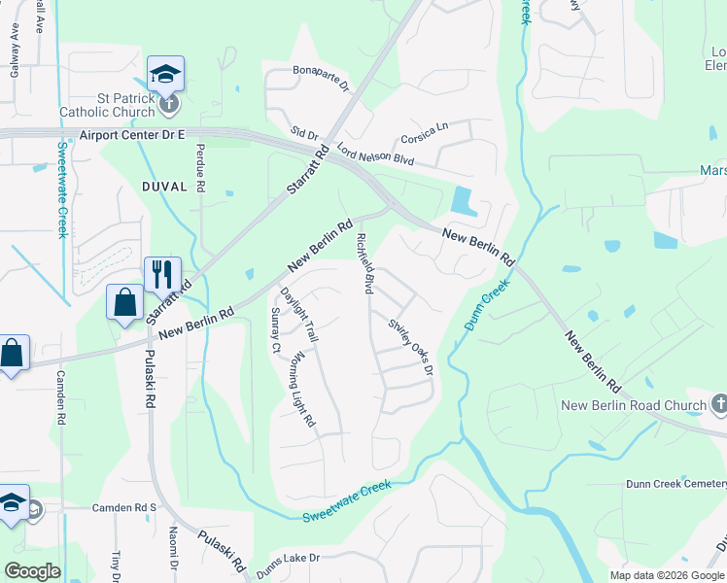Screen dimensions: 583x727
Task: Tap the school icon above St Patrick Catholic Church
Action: click(165, 74)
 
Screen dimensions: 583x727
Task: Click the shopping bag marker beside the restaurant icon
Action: click(125, 301)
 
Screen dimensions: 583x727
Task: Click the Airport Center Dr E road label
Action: click(132, 136)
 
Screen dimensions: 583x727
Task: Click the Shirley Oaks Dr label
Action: click(409, 346)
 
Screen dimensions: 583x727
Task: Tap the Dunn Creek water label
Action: click(487, 305)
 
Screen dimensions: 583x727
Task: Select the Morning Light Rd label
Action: click(301, 391)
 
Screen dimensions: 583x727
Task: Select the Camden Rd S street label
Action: click(124, 507)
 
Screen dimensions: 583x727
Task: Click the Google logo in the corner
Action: click(33, 571)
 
